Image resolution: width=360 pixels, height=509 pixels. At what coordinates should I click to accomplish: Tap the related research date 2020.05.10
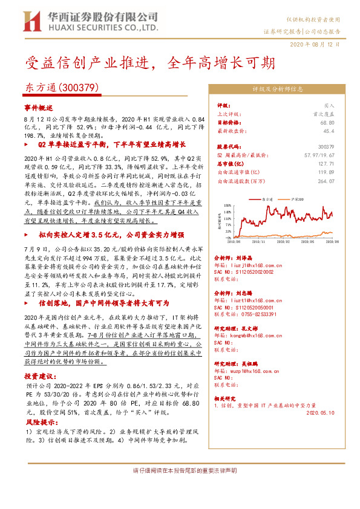[318, 413]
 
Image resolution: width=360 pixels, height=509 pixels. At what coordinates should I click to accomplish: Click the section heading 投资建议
[39, 376]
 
